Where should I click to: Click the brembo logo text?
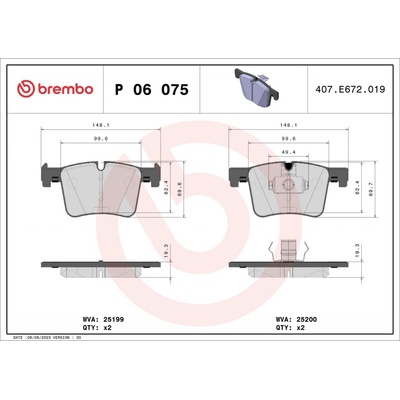tap(58, 89)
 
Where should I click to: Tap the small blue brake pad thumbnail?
tap(250, 84)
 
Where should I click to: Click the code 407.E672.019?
tap(348, 89)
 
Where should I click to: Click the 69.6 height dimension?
tap(180, 186)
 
